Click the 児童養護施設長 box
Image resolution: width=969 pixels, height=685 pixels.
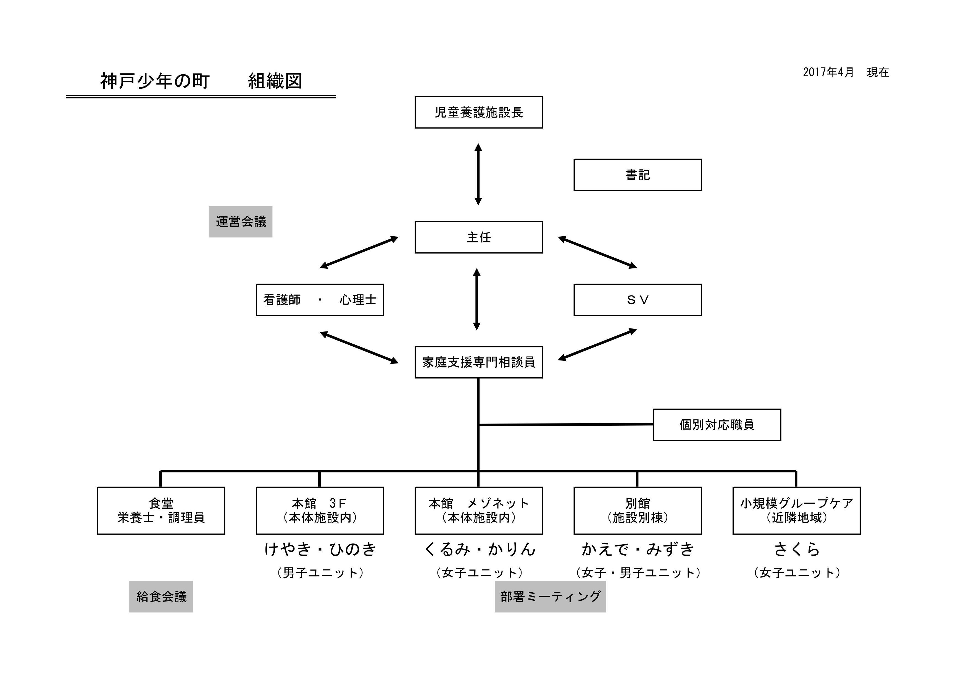479,112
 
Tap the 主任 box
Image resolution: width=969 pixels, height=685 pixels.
479,237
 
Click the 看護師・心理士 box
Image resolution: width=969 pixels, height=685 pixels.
320,300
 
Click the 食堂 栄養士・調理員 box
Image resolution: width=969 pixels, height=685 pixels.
161,511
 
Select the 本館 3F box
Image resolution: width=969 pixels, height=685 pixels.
320,511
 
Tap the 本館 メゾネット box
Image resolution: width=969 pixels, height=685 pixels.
479,511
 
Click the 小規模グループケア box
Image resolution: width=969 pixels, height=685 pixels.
796,511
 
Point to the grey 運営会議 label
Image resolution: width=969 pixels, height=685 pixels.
241,222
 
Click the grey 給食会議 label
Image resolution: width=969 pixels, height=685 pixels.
161,597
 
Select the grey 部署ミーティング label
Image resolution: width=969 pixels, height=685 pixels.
550,597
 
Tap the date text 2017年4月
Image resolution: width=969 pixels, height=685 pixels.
828,72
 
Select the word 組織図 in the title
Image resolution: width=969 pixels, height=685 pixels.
275,81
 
